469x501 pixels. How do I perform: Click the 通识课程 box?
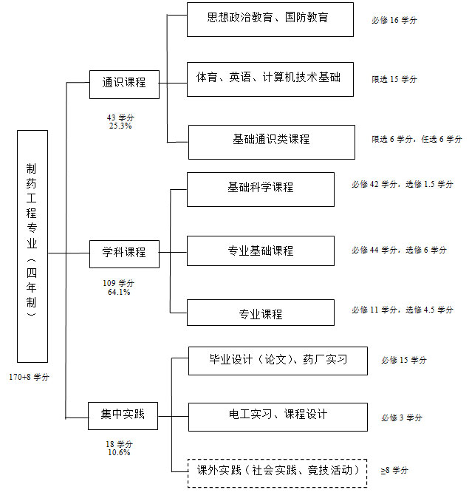124,84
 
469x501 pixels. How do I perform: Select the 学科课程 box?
124,254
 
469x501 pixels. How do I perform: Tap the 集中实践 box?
123,416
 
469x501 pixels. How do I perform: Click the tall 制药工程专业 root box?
32,246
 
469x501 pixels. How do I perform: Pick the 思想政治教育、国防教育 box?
270,19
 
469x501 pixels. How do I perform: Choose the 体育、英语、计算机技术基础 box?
270,79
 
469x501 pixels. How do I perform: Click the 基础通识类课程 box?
272,142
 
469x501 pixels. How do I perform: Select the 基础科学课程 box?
261,189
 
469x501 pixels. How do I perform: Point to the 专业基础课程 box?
261,250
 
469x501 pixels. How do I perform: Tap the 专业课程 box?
261,313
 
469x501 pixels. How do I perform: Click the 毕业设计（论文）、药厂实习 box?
278,361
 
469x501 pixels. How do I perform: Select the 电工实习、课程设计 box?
278,417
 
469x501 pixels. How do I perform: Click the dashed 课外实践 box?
277,473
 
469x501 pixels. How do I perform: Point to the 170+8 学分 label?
29,377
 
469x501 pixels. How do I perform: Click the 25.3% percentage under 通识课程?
120,126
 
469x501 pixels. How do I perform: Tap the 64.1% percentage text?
119,292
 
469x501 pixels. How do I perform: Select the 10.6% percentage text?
119,452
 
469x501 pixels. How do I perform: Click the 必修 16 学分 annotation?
394,20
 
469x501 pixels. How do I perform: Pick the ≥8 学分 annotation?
394,470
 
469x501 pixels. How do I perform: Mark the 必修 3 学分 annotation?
402,417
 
